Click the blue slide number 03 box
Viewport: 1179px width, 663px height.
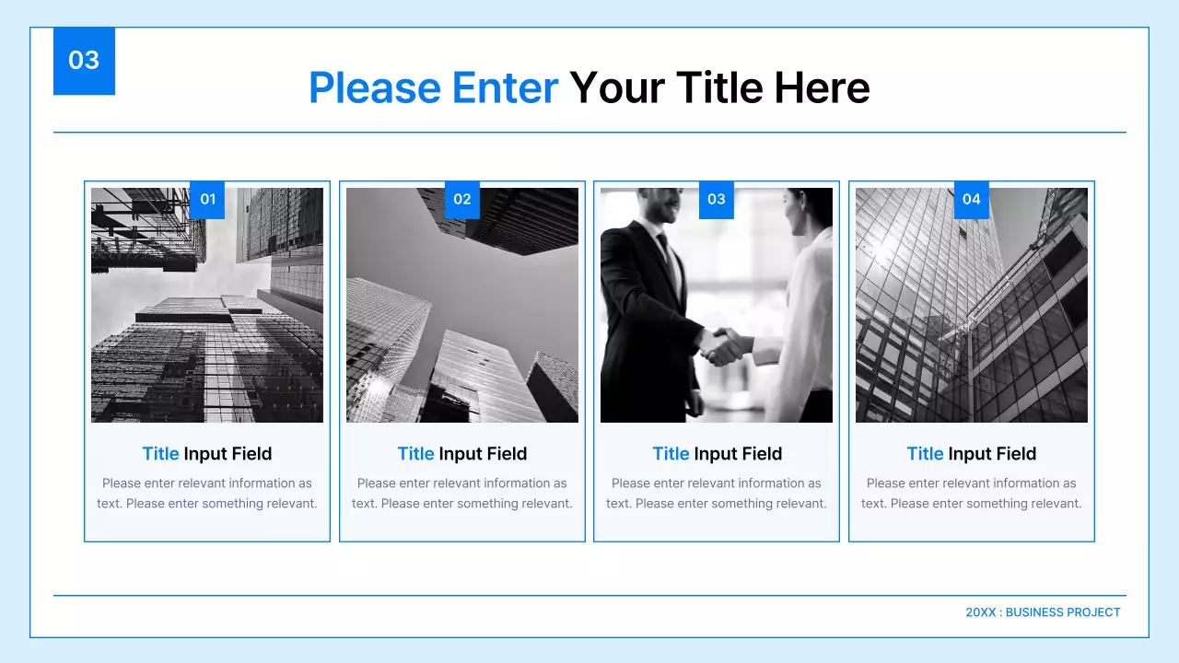pyautogui.click(x=84, y=61)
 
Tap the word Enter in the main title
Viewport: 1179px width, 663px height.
pyautogui.click(x=505, y=88)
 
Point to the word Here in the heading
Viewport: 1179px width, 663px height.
pyautogui.click(x=822, y=88)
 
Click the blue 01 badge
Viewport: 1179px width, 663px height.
pyautogui.click(x=207, y=200)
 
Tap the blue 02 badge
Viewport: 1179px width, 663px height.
pyautogui.click(x=462, y=200)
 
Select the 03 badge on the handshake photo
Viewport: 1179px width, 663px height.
pyautogui.click(x=717, y=200)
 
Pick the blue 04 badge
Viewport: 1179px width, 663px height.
pyautogui.click(x=971, y=200)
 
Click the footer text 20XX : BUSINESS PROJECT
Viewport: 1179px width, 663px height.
pyautogui.click(x=1043, y=612)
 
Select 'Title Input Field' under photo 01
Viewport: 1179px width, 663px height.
pyautogui.click(x=207, y=454)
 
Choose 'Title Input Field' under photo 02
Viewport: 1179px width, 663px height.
pyautogui.click(x=462, y=454)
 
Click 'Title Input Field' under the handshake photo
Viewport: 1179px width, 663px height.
pyautogui.click(x=717, y=454)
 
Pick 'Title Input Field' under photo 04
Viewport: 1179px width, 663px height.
pyautogui.click(x=972, y=454)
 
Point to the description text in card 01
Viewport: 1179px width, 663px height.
pyautogui.click(x=207, y=494)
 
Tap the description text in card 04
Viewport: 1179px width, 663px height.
pyautogui.click(x=972, y=494)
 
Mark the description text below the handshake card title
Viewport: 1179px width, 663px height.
pyautogui.click(x=717, y=494)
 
